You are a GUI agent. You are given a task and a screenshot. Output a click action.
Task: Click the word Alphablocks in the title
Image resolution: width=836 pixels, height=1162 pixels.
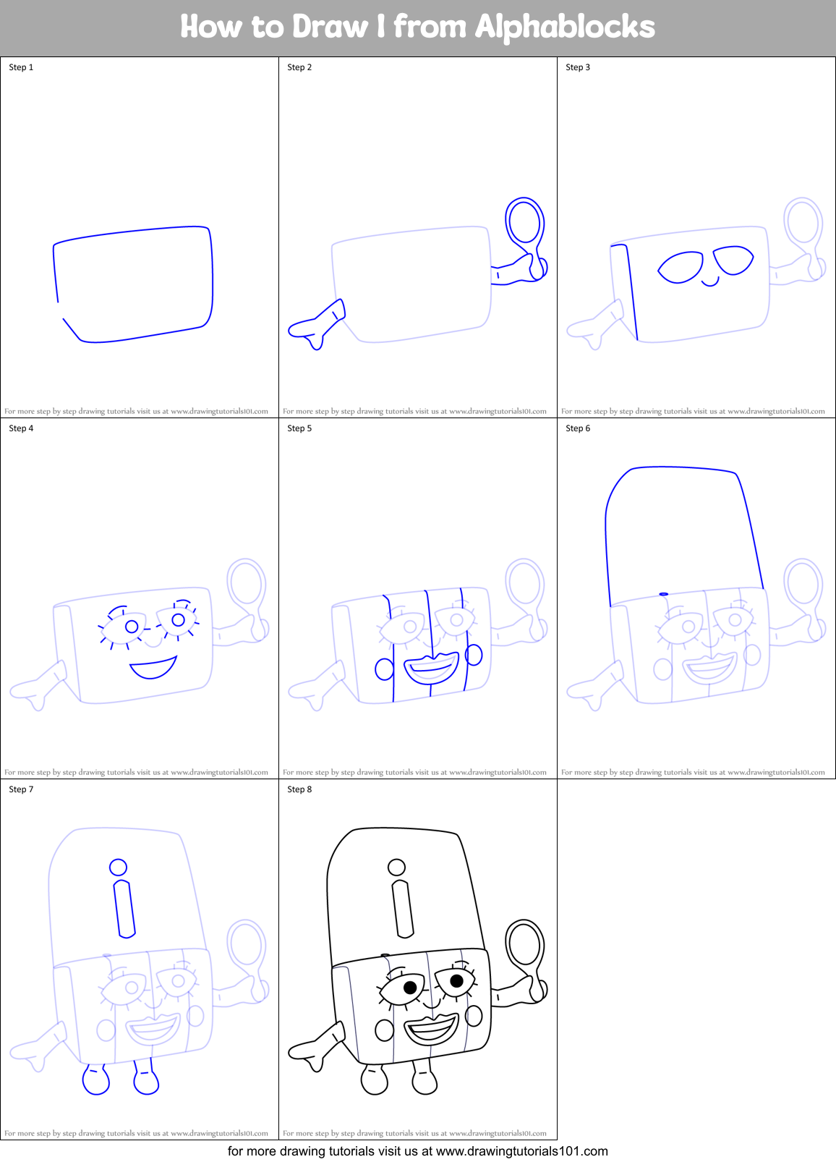pos(564,27)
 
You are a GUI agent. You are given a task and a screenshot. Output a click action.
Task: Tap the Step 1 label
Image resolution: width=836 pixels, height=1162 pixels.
pos(21,67)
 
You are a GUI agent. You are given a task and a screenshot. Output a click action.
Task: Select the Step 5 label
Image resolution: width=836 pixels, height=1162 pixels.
pos(299,428)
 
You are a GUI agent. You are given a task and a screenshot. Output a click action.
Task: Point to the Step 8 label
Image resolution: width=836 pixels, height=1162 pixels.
pos(299,789)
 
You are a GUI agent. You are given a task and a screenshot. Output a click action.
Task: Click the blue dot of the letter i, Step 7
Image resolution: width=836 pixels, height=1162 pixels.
pos(118,867)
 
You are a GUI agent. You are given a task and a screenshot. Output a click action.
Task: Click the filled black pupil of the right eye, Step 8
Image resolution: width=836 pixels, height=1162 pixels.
pos(456,981)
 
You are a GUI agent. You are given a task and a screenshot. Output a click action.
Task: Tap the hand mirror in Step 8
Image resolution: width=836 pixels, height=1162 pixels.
pos(524,945)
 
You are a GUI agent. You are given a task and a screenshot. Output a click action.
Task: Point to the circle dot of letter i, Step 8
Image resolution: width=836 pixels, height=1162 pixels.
pos(396,867)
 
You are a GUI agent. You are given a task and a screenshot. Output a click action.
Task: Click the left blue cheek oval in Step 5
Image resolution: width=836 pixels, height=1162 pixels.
pos(384,669)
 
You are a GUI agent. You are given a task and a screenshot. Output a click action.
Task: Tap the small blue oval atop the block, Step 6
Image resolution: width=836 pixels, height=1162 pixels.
pos(663,594)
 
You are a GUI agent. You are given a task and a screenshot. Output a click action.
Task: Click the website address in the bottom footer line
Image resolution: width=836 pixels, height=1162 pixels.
pos(521,1151)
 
